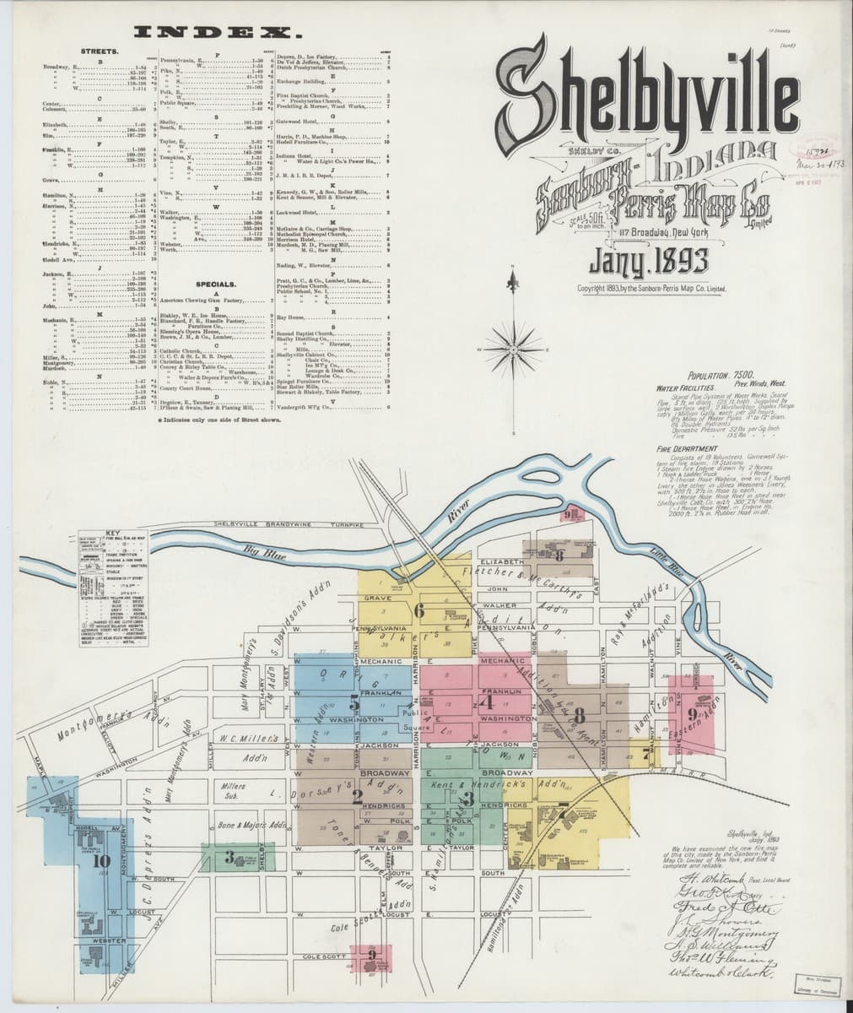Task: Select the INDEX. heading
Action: click(219, 34)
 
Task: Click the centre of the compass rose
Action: click(512, 349)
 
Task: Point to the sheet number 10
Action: click(102, 861)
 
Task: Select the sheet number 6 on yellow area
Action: click(418, 612)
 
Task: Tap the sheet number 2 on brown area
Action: click(357, 795)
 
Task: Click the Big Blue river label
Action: click(260, 552)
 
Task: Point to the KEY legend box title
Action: click(109, 533)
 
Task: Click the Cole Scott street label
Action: click(324, 957)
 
